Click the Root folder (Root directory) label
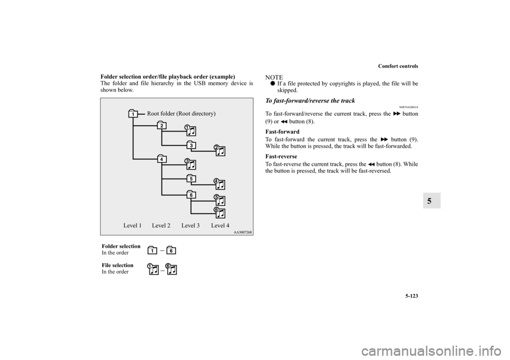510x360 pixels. tap(181, 114)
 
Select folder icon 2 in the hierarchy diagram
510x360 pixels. tap(161, 125)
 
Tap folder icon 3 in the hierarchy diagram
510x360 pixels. tap(191, 145)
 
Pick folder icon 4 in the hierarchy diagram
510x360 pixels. tap(161, 159)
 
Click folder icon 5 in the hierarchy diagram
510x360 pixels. tap(191, 178)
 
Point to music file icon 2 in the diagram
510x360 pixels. tap(219, 150)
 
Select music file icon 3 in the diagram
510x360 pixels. tap(190, 164)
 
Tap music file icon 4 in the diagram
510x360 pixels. tap(219, 184)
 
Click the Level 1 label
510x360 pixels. tap(132, 226)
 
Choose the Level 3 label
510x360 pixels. tap(190, 226)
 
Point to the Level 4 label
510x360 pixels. tap(220, 226)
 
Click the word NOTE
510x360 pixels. tap(275, 78)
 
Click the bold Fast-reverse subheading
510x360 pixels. tap(286, 157)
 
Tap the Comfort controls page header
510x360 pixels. tap(398, 66)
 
